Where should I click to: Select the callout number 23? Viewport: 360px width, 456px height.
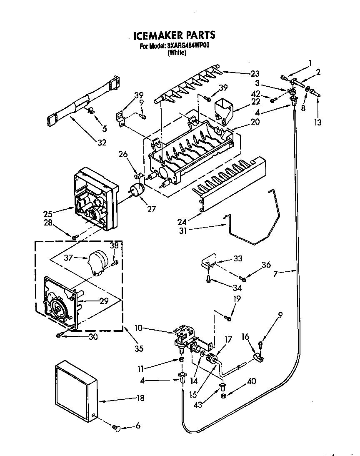(x=255, y=74)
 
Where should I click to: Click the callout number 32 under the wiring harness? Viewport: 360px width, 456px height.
(x=102, y=143)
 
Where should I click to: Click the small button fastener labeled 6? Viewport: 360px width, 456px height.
(x=116, y=427)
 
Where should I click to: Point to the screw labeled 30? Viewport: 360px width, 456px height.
(x=60, y=335)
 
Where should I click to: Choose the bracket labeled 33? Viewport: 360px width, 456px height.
(x=209, y=261)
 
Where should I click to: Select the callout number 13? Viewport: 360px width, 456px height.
(x=318, y=122)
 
